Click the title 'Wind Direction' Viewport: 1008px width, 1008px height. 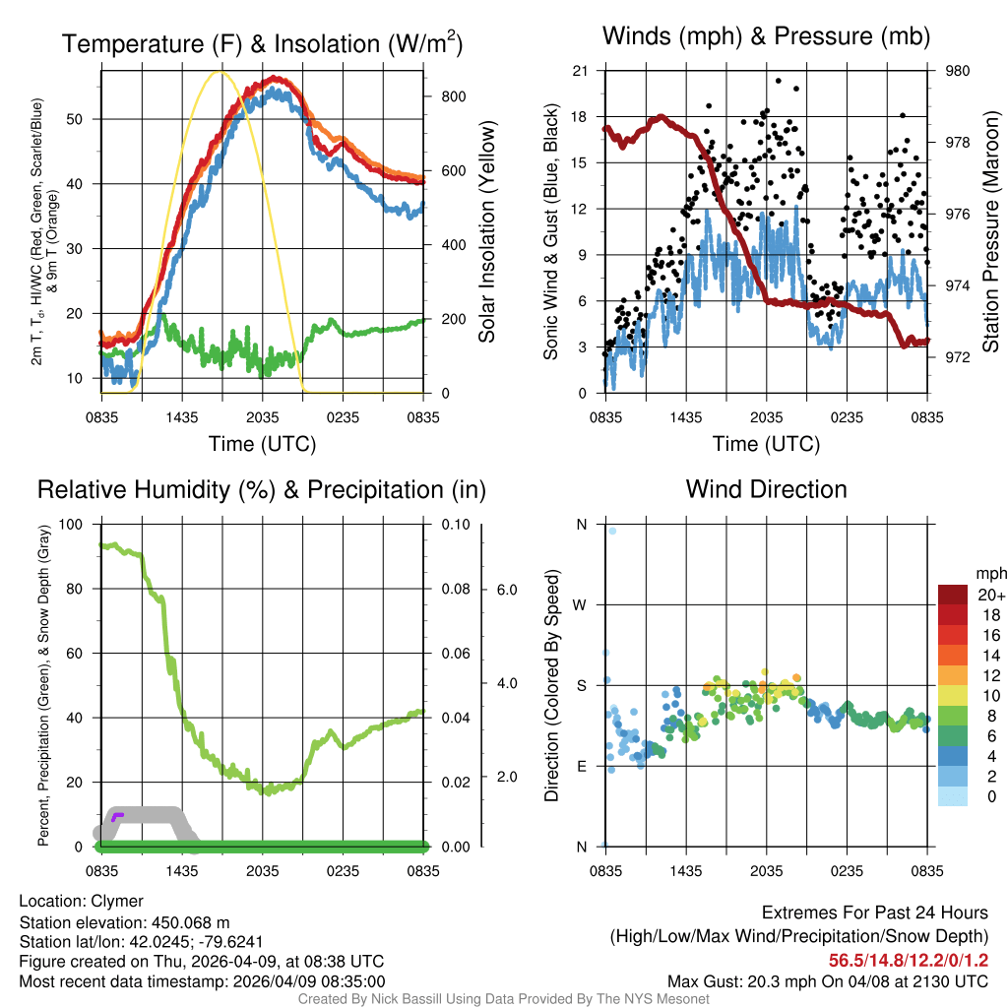[766, 489]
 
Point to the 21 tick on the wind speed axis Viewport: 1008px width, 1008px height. [581, 71]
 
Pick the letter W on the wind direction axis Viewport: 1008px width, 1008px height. [581, 604]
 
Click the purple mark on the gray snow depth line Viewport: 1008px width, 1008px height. [117, 815]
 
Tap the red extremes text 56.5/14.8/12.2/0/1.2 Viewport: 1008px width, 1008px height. [908, 960]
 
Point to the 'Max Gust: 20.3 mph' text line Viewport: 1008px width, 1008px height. [827, 981]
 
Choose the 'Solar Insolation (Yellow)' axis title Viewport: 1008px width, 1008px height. [486, 232]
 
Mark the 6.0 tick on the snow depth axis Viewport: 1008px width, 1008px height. [505, 589]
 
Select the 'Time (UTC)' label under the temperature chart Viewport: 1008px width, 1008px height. [262, 444]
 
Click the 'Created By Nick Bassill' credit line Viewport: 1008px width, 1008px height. [503, 999]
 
